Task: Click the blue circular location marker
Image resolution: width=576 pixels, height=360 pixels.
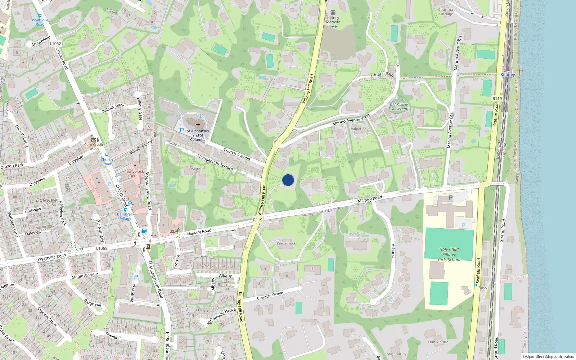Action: tap(288, 180)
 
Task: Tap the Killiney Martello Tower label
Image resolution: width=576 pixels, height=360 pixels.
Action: tap(333, 22)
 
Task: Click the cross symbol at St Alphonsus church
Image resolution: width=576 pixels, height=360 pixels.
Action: tap(198, 125)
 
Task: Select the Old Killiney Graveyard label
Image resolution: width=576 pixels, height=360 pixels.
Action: tap(399, 107)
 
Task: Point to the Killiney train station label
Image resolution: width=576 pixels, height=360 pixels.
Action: tap(508, 75)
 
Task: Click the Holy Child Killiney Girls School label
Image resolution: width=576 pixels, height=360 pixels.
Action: tap(449, 254)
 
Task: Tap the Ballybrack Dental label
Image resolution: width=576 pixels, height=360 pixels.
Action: tap(135, 174)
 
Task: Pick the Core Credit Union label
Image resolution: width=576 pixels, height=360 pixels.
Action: tap(94, 147)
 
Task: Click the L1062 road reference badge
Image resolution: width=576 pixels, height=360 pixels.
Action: tap(55, 44)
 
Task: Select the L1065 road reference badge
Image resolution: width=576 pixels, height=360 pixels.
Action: tap(102, 248)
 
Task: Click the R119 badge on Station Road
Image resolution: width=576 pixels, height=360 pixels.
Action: tap(497, 98)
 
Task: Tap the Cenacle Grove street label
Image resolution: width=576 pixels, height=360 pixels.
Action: tap(270, 296)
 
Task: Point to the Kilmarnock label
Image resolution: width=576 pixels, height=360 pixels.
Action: tap(286, 243)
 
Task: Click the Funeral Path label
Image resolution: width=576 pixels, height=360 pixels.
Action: tap(382, 75)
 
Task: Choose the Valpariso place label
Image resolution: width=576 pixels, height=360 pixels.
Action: tap(359, 129)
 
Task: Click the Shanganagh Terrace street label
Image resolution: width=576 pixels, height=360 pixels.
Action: tap(215, 162)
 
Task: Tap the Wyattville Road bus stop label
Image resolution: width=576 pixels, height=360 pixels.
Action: tap(40, 22)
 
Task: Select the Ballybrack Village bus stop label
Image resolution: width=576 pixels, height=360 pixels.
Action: tap(125, 216)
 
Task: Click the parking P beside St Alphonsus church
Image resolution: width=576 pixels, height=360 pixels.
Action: tap(182, 130)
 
